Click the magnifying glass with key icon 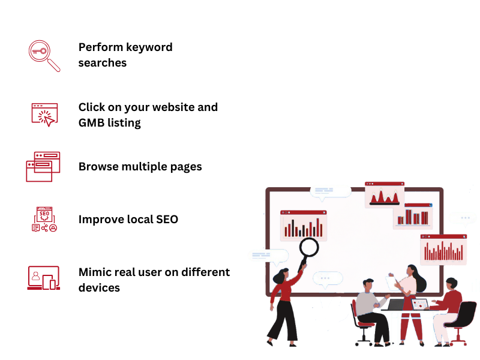click(44, 56)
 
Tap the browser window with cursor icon click(44, 115)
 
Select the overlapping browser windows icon click(43, 167)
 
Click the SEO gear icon click(44, 219)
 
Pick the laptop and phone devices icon click(43, 278)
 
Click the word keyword click(149, 47)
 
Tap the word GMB click(91, 123)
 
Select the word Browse click(98, 167)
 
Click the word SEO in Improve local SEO click(167, 220)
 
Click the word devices click(99, 288)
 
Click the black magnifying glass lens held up click(309, 247)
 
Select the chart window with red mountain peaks click(385, 194)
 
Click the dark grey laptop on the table click(397, 305)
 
